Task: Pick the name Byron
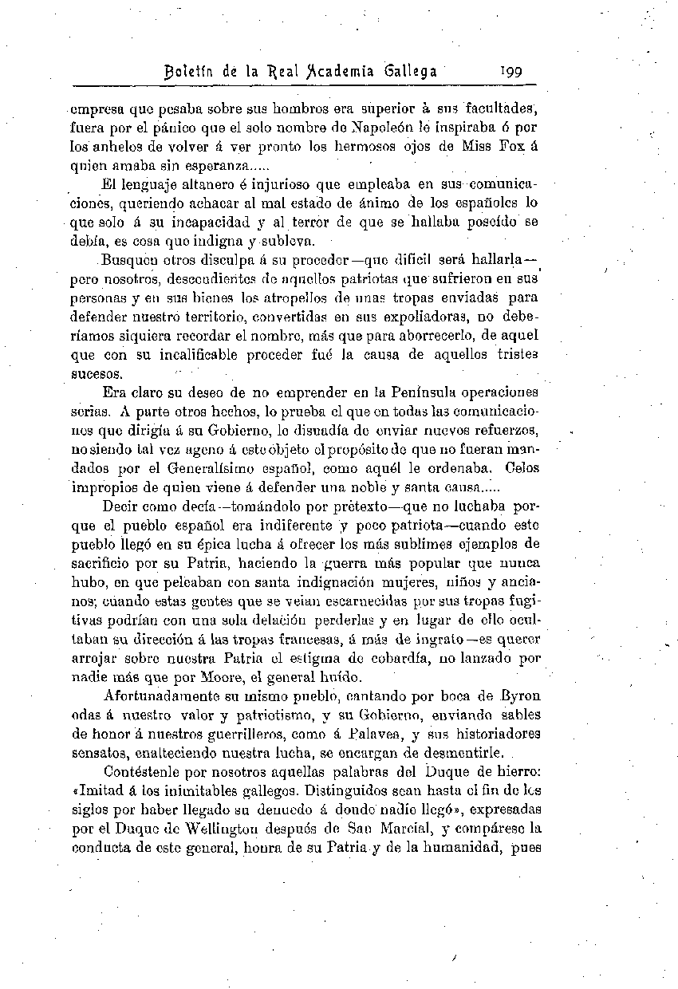click(519, 695)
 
